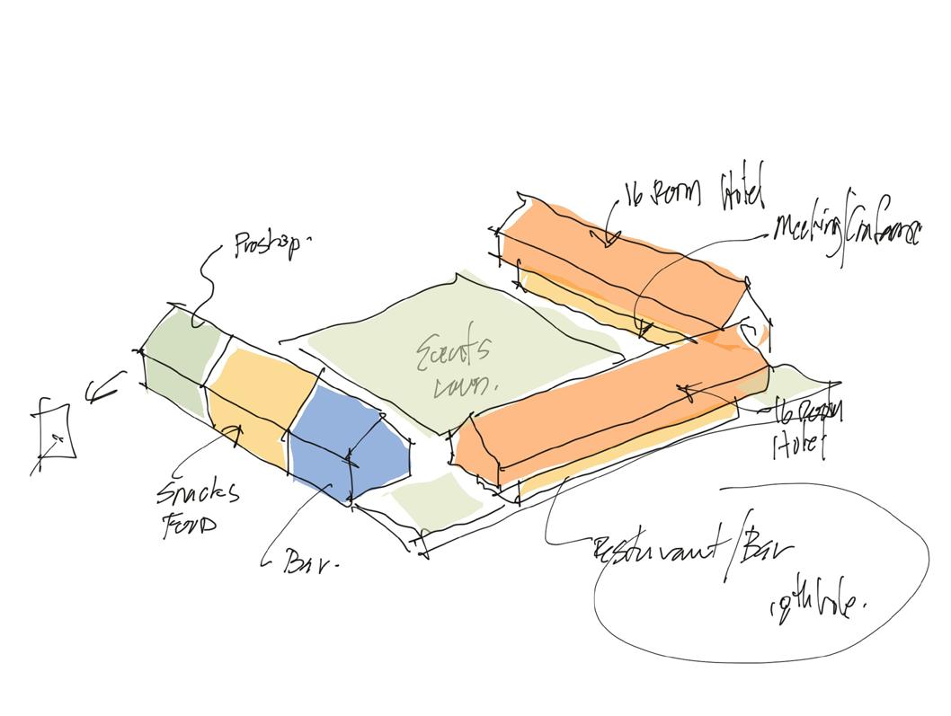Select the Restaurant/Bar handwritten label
692,550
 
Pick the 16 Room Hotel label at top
692,191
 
